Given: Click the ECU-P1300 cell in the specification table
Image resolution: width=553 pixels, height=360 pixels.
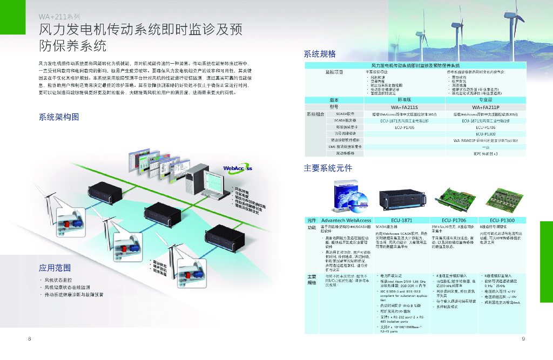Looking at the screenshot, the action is click(x=488, y=134).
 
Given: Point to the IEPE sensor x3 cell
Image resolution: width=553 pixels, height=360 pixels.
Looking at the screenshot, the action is click(x=488, y=153).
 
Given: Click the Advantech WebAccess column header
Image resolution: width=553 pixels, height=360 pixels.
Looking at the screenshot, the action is click(x=346, y=220).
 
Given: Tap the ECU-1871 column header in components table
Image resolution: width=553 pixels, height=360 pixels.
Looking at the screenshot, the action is click(x=401, y=220).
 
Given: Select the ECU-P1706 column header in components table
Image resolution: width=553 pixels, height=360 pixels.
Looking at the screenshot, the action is click(x=453, y=220).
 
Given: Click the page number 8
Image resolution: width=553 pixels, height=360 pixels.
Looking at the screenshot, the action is click(x=29, y=338).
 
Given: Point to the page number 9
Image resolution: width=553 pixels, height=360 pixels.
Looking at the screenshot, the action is click(x=523, y=338).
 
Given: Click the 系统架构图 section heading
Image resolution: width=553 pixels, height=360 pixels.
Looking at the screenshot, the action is click(x=59, y=117).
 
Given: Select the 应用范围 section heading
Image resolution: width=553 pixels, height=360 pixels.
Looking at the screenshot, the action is click(x=55, y=268).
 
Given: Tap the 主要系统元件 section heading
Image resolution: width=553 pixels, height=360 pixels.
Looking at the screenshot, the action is click(x=328, y=168).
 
